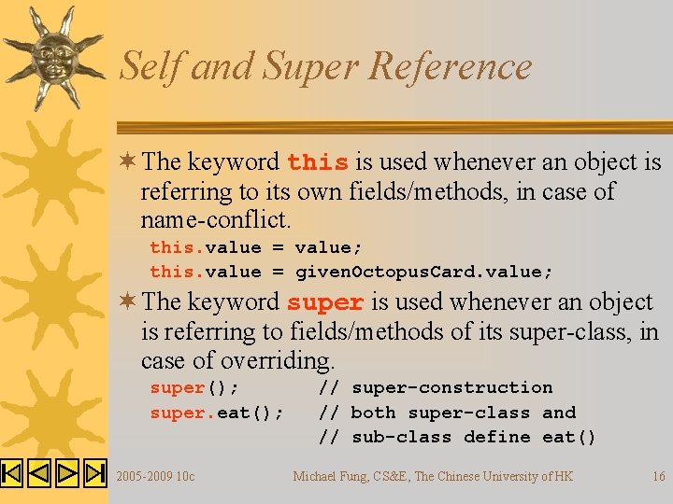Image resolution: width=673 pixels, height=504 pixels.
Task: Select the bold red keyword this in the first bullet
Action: [x=318, y=163]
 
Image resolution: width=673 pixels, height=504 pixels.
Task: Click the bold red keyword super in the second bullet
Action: [x=325, y=303]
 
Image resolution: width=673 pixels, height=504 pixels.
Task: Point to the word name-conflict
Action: [x=216, y=221]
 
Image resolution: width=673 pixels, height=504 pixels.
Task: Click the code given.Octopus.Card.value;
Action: [x=424, y=272]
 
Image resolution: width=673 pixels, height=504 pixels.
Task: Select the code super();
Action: [x=194, y=387]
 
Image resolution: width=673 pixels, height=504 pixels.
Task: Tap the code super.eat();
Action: [x=217, y=413]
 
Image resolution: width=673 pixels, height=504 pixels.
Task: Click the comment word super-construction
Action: [x=452, y=387]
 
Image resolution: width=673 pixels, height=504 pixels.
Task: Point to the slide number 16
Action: [x=659, y=476]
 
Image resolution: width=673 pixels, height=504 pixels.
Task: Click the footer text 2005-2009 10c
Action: [x=155, y=476]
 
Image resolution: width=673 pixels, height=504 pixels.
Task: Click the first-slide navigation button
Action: [x=12, y=473]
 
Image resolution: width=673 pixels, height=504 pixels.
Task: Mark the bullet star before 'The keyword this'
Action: [x=127, y=162]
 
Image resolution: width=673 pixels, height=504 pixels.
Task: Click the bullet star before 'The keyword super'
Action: [x=127, y=302]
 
